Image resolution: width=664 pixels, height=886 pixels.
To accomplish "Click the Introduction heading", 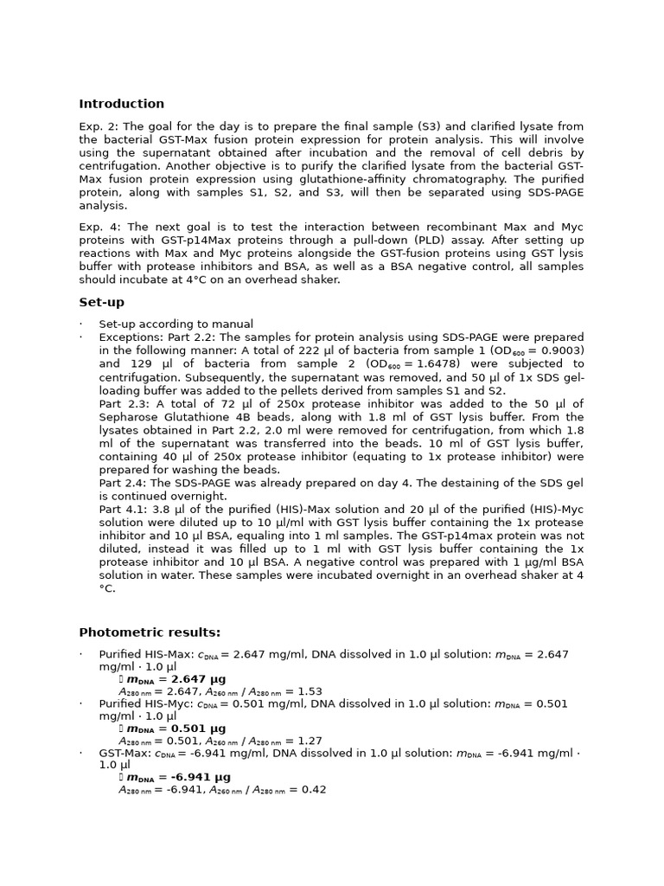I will (x=121, y=104).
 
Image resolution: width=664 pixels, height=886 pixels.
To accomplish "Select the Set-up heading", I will (x=101, y=302).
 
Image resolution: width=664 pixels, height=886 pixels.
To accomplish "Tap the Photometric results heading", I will (x=150, y=632).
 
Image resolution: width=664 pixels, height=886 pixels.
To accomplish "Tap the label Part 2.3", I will (x=123, y=403).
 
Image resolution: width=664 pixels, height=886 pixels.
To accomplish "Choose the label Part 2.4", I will (x=123, y=483).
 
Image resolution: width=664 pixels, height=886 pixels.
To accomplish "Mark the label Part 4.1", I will (x=123, y=510).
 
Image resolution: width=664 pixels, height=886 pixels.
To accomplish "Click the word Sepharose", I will (x=128, y=417).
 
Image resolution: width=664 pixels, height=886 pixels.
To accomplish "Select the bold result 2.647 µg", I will (x=195, y=679).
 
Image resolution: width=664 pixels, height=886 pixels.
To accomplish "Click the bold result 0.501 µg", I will (x=195, y=729).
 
